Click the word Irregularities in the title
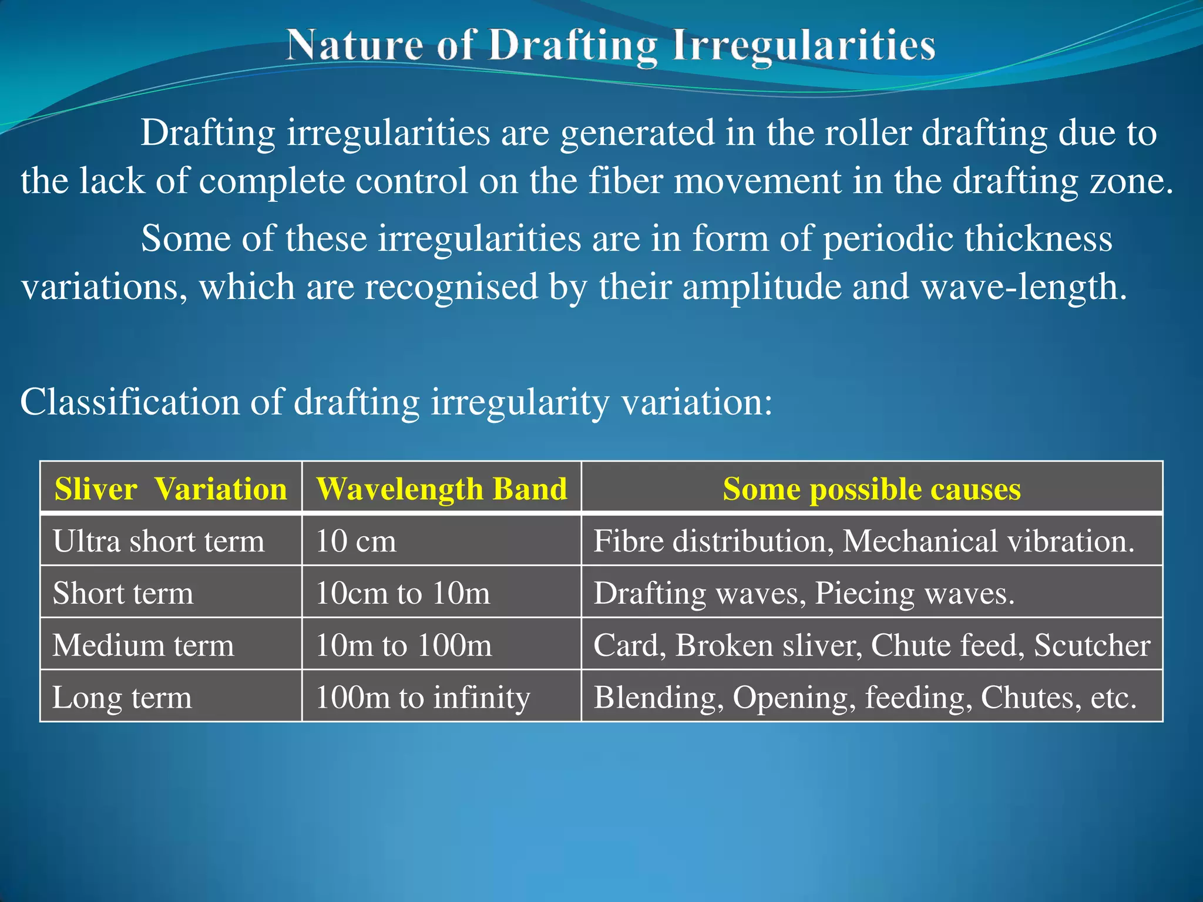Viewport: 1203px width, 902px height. [803, 45]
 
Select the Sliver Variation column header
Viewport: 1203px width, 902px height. [170, 489]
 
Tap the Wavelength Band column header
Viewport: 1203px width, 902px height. [442, 489]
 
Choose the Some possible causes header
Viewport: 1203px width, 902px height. [872, 489]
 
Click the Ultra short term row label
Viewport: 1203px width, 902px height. [159, 541]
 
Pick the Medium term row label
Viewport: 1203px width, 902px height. [143, 645]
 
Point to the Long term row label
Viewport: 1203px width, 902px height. [122, 697]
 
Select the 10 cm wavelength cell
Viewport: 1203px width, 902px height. [356, 541]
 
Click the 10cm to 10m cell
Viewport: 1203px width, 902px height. [402, 593]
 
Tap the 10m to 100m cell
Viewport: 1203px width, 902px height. [404, 645]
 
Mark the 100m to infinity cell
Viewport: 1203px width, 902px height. [422, 697]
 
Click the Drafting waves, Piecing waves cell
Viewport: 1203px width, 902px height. [804, 593]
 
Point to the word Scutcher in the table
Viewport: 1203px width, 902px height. [1092, 645]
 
